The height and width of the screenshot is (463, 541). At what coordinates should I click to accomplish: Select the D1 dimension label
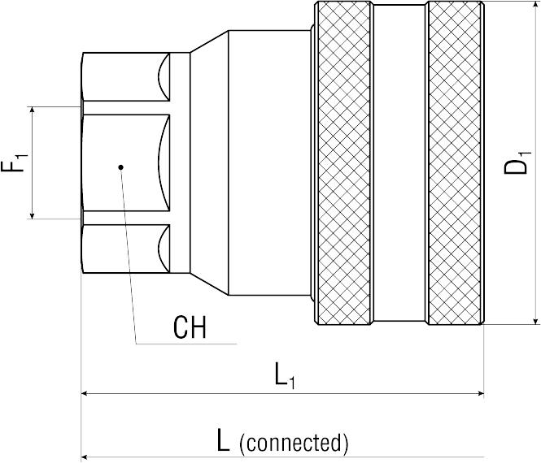coord(516,162)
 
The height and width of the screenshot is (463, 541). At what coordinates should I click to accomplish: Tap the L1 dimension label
coord(285,375)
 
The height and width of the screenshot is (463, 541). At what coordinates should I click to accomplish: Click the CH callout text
coord(190,327)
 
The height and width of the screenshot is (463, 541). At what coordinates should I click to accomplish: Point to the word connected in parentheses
coord(294,443)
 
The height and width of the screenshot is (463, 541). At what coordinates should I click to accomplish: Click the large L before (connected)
coord(223,440)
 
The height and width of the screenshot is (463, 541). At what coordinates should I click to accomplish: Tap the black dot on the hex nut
coord(120,167)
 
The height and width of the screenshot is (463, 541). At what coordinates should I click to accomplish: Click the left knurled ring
coord(343,163)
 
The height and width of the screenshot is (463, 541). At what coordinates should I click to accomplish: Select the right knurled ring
coord(455,163)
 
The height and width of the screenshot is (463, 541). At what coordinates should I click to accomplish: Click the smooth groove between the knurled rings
coord(399,163)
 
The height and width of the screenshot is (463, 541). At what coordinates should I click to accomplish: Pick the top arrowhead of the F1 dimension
coord(32,110)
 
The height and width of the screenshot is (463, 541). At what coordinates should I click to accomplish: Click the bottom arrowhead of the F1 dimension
coord(32,215)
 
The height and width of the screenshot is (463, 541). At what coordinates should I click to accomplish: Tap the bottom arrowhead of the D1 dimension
coord(535,321)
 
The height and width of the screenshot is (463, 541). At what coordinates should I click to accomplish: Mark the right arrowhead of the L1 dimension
coord(481,393)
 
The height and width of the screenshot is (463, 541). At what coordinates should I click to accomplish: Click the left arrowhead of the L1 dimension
coord(85,393)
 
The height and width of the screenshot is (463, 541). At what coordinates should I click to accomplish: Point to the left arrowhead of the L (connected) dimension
coord(85,457)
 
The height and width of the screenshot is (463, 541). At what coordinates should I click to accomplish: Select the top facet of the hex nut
coord(126,77)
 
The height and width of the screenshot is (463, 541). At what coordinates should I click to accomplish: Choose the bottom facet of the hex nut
coord(126,249)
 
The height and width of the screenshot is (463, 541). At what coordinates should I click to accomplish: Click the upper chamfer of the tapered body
coord(209,41)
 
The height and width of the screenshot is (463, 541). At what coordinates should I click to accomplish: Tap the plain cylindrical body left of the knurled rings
coord(269,163)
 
